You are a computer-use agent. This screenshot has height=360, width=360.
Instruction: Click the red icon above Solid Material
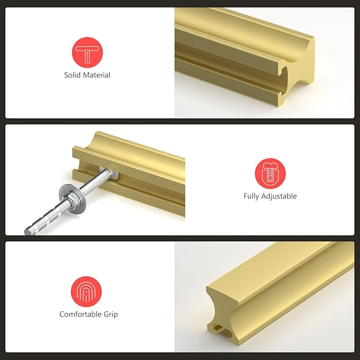pos(87,52)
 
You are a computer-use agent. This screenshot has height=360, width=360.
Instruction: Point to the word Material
pos(97,75)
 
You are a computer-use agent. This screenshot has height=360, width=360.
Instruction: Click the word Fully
pos(252,196)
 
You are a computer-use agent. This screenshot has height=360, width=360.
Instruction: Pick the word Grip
pos(111,314)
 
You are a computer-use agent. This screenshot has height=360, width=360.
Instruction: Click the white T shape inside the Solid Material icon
pos(87,52)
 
